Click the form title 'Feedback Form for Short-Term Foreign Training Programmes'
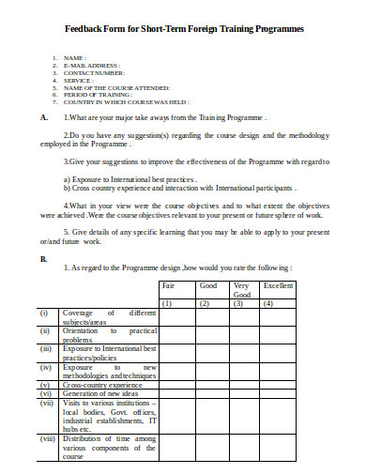coord(184,29)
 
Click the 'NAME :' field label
coord(76,58)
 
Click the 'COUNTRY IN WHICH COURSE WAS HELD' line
coord(126,101)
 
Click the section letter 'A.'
coord(45,119)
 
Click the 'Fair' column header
coord(169,284)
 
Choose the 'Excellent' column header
coord(279,284)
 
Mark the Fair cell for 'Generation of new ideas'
coord(176,392)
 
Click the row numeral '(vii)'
coord(45,403)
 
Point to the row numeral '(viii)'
coord(46,437)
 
